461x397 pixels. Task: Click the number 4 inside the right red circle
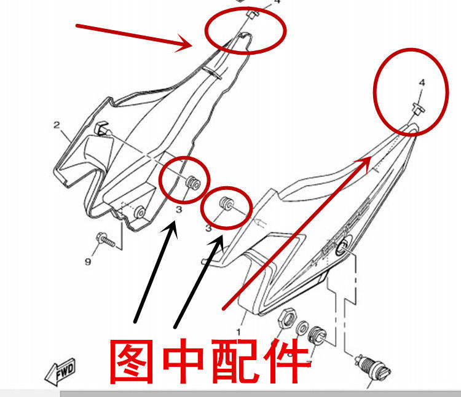pos(422,82)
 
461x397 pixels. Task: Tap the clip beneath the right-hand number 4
pos(417,109)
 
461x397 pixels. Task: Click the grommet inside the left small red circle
pos(192,182)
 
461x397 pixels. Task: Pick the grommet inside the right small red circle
pos(225,202)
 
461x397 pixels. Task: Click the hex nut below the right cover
pos(285,318)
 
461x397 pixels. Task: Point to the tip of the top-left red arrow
pos(192,46)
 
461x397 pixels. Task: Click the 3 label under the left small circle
pos(179,210)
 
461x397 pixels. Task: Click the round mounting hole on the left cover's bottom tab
pos(141,212)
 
